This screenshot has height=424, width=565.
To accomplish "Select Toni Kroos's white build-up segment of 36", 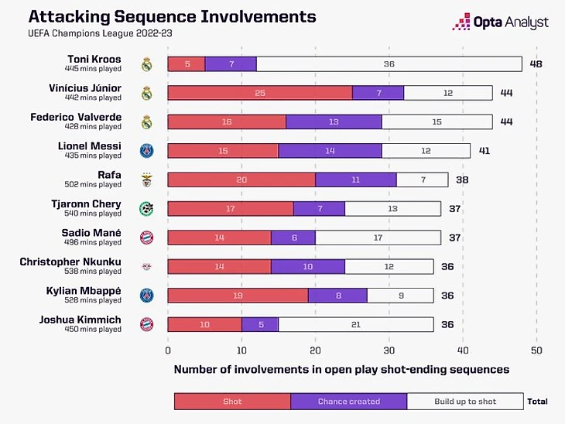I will pos(389,64).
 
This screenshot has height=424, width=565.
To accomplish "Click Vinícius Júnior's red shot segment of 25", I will pos(260,93).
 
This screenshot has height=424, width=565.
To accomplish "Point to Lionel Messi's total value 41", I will pos(485,151).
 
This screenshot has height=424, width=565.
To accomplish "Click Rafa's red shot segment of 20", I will pos(241,180).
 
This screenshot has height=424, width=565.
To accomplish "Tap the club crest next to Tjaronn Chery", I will pos(146,209).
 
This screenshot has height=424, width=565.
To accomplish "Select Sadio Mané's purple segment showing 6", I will pos(293,238).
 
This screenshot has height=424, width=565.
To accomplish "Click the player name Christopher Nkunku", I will pos(70,262).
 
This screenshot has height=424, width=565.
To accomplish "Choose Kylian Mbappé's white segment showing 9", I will pos(400,295).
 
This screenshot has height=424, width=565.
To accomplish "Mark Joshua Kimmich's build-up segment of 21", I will pos(356,324).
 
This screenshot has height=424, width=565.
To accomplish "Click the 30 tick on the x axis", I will pos(389,350).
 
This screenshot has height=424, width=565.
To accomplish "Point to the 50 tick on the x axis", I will pos(536,350).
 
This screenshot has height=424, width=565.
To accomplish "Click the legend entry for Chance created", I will pos(348,402).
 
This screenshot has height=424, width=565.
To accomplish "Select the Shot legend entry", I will pos(232,402).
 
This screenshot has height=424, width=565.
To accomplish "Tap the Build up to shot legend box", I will pos(465,402).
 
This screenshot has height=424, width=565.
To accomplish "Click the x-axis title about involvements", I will pos(341,370).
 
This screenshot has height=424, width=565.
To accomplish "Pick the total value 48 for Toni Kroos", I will pos(536,64).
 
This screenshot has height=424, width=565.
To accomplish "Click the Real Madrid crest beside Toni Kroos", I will pos(146,64).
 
